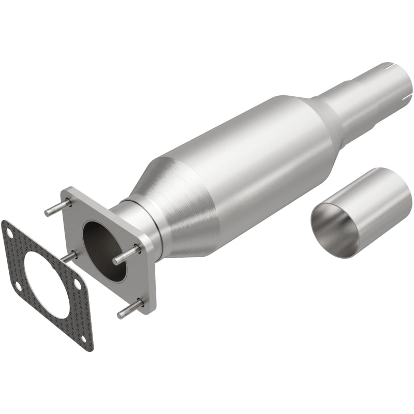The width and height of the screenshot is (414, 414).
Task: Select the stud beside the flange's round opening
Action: pyautogui.click(x=126, y=254)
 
